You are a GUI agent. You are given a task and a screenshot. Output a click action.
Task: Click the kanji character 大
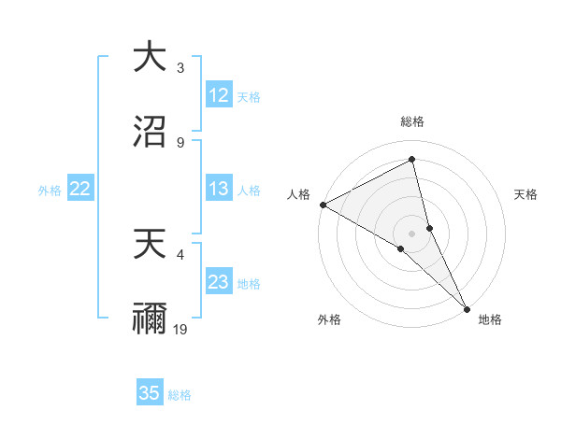pyautogui.click(x=151, y=58)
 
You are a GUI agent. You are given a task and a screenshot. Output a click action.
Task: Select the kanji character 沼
pyautogui.click(x=151, y=131)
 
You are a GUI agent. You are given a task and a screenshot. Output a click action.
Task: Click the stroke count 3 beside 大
pyautogui.click(x=180, y=68)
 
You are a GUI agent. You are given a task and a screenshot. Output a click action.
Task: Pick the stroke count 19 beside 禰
pyautogui.click(x=181, y=329)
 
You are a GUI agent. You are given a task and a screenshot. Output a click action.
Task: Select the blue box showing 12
pyautogui.click(x=219, y=95)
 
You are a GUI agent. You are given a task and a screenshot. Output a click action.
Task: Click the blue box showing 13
pyautogui.click(x=219, y=190)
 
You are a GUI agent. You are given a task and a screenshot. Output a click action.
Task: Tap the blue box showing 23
pyautogui.click(x=219, y=282)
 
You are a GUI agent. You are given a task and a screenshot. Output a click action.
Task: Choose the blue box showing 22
pyautogui.click(x=80, y=190)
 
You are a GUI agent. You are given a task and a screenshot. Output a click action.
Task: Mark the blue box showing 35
pyautogui.click(x=150, y=393)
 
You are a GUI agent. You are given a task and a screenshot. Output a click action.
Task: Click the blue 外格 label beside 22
pyautogui.click(x=50, y=191)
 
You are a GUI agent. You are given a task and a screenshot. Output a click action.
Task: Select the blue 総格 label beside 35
pyautogui.click(x=180, y=395)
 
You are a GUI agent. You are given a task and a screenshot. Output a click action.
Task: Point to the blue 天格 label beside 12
pyautogui.click(x=249, y=96)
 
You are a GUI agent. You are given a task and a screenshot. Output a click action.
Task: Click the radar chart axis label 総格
pyautogui.click(x=412, y=121)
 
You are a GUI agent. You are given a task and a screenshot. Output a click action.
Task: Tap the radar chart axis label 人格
pyautogui.click(x=298, y=194)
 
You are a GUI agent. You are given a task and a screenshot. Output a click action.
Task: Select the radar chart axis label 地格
pyautogui.click(x=490, y=319)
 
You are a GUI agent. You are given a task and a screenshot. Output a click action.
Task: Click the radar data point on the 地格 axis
pyautogui.click(x=467, y=307)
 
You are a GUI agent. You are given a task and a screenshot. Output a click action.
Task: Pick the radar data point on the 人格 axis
pyautogui.click(x=323, y=205)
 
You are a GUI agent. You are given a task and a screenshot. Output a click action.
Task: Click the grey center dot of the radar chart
pyautogui.click(x=412, y=233)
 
